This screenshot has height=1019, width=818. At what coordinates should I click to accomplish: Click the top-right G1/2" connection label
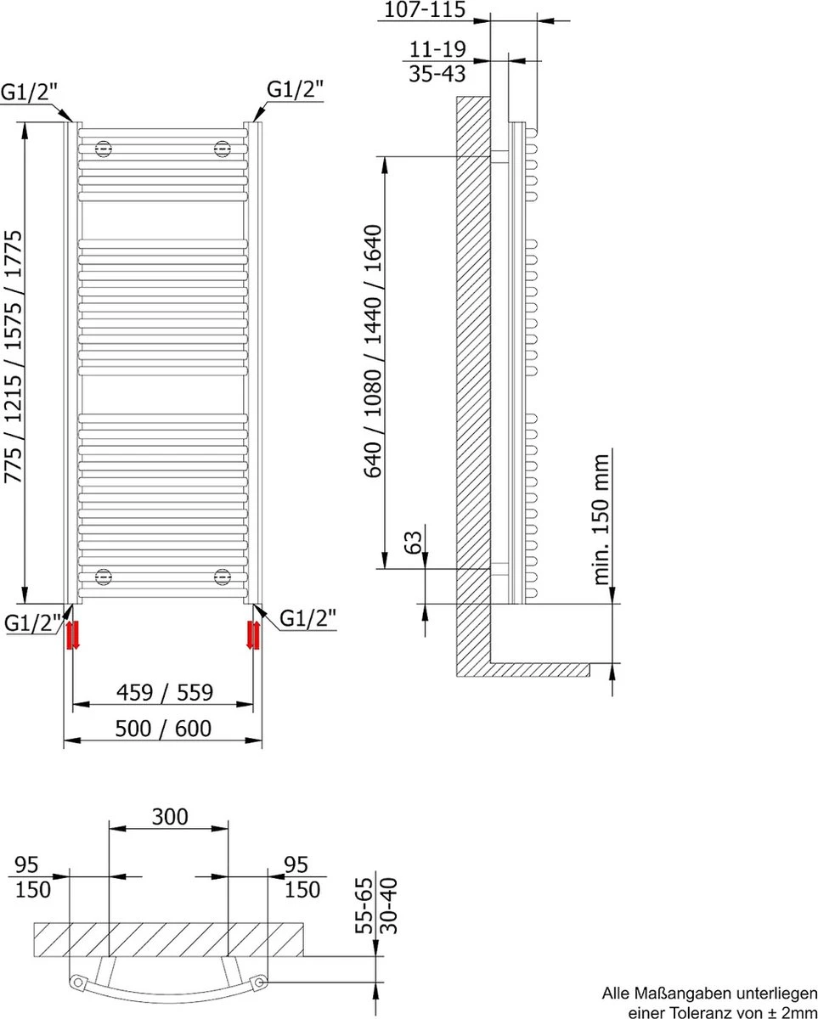tap(295, 90)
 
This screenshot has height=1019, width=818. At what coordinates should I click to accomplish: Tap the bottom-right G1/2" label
tap(307, 619)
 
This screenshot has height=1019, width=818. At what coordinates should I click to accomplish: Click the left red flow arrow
tap(72, 634)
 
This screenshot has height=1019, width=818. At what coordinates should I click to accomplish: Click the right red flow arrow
tap(253, 634)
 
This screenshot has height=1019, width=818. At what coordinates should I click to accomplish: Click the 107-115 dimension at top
tap(425, 10)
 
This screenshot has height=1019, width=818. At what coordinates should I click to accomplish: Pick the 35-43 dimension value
tap(437, 74)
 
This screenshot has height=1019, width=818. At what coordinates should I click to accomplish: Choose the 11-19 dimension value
tap(437, 49)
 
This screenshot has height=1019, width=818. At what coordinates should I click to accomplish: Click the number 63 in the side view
tap(413, 543)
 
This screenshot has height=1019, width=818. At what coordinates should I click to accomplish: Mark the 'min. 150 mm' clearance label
tap(602, 520)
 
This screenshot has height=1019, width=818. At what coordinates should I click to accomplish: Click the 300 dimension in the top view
tap(169, 817)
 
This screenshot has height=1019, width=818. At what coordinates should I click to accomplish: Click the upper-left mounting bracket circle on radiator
tap(104, 149)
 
